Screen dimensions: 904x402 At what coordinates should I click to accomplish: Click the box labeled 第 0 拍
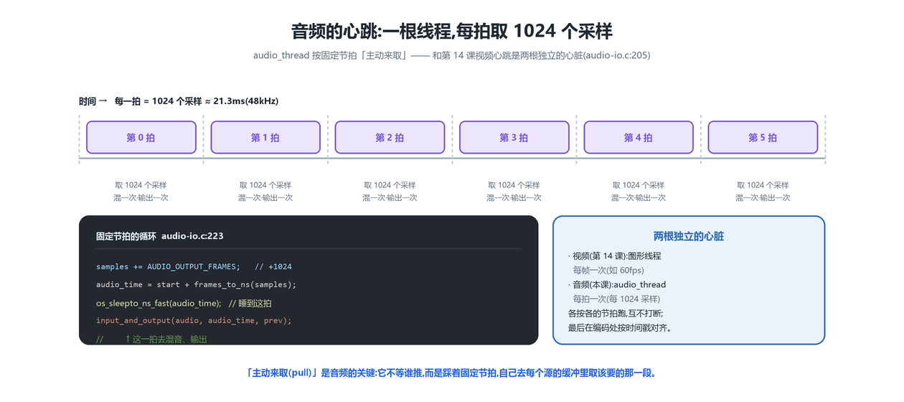141,137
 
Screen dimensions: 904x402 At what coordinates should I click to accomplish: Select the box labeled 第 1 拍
265,137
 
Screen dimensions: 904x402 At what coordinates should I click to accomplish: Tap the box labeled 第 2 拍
390,137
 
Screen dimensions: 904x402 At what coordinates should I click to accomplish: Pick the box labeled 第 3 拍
514,137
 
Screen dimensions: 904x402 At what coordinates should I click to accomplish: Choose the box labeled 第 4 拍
639,137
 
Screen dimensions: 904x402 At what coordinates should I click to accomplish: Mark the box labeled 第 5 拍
763,137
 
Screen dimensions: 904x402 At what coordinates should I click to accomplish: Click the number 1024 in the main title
535,31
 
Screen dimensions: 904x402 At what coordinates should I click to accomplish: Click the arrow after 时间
103,100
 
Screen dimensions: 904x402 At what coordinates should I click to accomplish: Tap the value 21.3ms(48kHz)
246,101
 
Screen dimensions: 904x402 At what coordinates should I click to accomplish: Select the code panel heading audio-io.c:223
192,236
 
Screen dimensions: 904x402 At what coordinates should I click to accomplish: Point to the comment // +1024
273,267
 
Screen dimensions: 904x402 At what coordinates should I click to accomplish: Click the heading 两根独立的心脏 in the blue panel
689,236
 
